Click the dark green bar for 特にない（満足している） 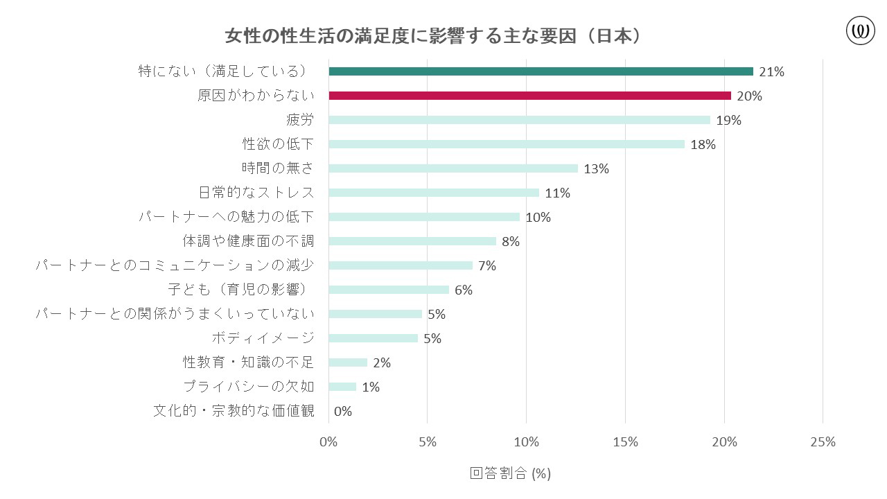[x=541, y=71]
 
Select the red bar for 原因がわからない [x=529, y=96]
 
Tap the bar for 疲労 [x=519, y=120]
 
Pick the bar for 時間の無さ [x=453, y=168]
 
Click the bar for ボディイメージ [x=373, y=338]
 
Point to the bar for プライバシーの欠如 [x=342, y=387]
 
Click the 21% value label [x=771, y=72]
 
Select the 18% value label [x=703, y=145]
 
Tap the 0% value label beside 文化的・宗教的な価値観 [x=343, y=412]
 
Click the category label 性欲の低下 [x=278, y=144]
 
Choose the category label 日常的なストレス [x=256, y=193]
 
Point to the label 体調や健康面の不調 [x=248, y=241]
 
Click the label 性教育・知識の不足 [x=248, y=362]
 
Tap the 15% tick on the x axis [x=625, y=442]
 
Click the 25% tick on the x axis [x=823, y=442]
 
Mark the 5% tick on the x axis [x=427, y=442]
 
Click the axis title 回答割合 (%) [x=510, y=473]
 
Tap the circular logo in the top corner [x=861, y=31]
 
